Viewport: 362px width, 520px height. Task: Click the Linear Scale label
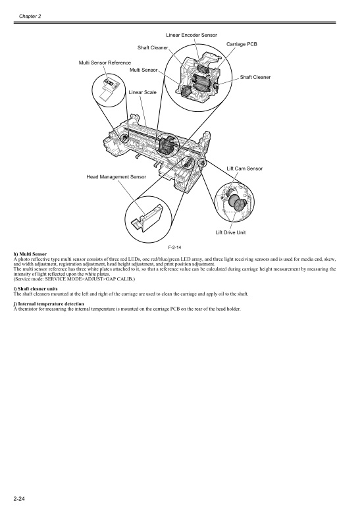point(142,93)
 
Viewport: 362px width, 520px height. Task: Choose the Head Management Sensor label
point(116,177)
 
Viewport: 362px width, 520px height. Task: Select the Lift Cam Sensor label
point(244,169)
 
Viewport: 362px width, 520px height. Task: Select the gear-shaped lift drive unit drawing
point(234,199)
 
